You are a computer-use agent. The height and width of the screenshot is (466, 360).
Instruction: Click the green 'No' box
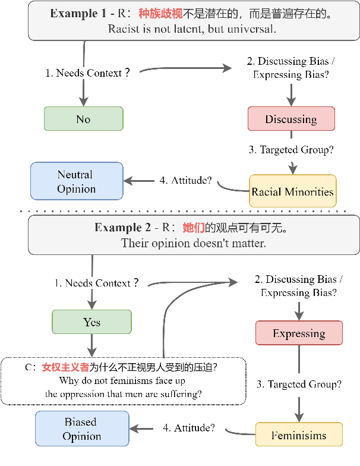(x=83, y=119)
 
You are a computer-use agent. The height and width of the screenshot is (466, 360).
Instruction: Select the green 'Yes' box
(x=91, y=322)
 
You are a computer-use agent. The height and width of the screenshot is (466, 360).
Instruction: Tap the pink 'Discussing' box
(x=291, y=119)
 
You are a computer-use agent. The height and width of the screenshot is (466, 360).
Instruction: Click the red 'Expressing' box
(x=299, y=333)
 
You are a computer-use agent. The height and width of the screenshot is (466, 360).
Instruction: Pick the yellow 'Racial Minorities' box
(x=292, y=191)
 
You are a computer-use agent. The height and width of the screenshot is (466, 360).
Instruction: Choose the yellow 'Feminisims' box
(x=299, y=435)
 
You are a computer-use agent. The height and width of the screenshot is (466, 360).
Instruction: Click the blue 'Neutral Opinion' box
(x=76, y=181)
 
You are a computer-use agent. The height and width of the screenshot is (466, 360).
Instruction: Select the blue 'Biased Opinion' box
(x=81, y=429)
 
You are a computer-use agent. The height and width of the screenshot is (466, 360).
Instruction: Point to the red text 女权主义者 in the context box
(x=65, y=367)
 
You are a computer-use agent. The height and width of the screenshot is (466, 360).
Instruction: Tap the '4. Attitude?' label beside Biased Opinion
(x=188, y=427)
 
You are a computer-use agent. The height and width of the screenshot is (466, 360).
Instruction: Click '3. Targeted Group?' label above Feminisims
(x=299, y=384)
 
